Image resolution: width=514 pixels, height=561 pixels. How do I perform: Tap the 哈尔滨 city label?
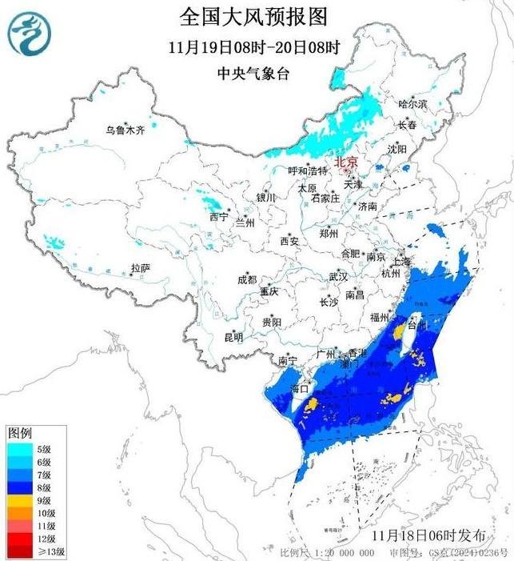(413, 104)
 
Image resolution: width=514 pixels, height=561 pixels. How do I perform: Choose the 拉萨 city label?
(141, 268)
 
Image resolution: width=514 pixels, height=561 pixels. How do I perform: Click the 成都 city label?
(247, 279)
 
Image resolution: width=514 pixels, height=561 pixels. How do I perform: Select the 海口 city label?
(300, 389)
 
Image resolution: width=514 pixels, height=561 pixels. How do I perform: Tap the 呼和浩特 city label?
(308, 171)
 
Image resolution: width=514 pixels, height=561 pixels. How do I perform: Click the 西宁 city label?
(218, 217)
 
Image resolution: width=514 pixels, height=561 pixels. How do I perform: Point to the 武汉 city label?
(338, 277)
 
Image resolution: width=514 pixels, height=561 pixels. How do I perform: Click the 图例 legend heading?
(19, 433)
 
